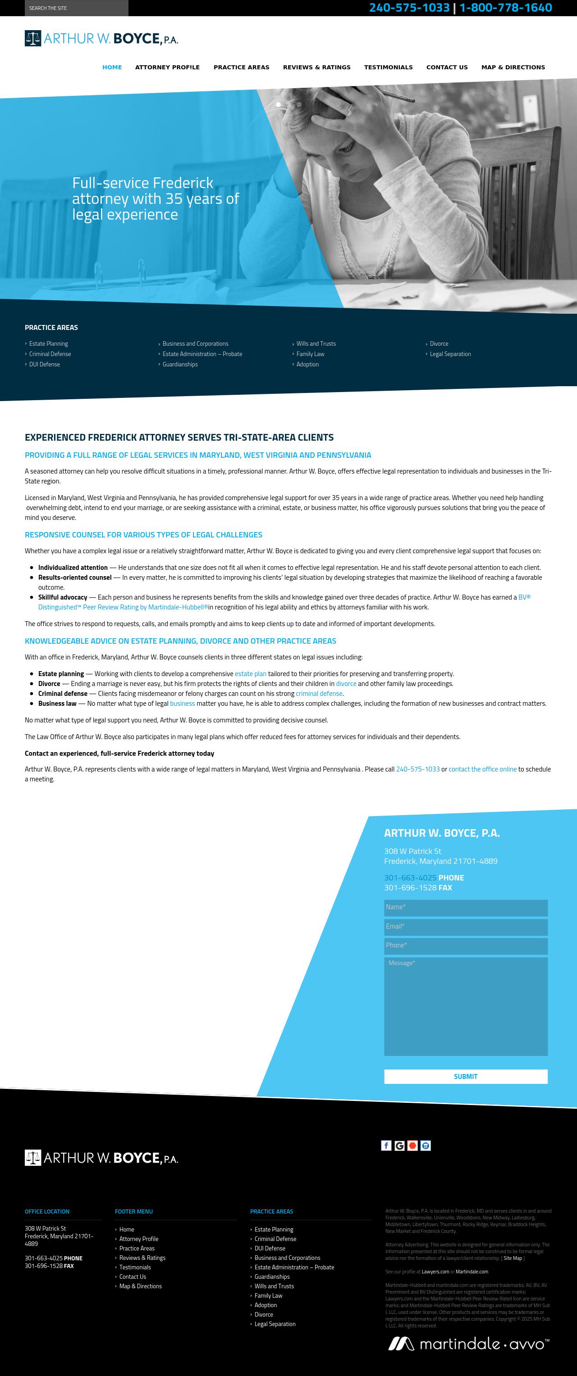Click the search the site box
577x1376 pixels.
pyautogui.click(x=76, y=8)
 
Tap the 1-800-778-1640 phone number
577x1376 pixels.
pyautogui.click(x=505, y=8)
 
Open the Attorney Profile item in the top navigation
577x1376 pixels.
pyautogui.click(x=167, y=68)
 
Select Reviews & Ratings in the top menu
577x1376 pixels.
pyautogui.click(x=316, y=68)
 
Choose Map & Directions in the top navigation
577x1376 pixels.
pyautogui.click(x=513, y=68)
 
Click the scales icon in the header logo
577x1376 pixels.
pyautogui.click(x=32, y=38)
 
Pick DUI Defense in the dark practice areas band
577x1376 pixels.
pyautogui.click(x=44, y=364)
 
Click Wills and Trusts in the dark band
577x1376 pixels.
pyautogui.click(x=316, y=343)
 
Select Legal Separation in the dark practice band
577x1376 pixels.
pyautogui.click(x=450, y=354)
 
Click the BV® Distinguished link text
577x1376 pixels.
pyautogui.click(x=524, y=597)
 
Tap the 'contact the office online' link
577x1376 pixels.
pyautogui.click(x=482, y=769)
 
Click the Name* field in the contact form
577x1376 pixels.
pyautogui.click(x=465, y=907)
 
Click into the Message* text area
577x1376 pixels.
pyautogui.click(x=465, y=1006)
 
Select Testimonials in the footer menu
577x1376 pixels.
pyautogui.click(x=135, y=1267)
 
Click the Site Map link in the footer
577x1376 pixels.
pyautogui.click(x=512, y=1258)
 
